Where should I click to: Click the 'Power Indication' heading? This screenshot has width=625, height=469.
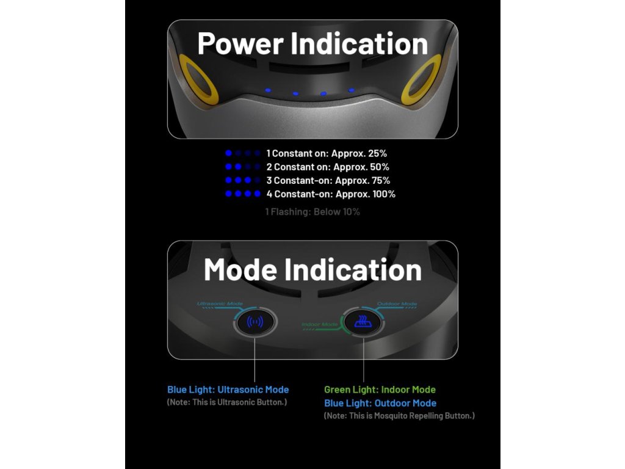pyautogui.click(x=312, y=44)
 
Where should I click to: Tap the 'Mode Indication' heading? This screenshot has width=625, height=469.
pyautogui.click(x=312, y=269)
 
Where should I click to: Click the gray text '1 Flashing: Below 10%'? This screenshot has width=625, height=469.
pyautogui.click(x=312, y=212)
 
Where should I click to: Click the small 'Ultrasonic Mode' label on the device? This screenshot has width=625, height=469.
pyautogui.click(x=220, y=304)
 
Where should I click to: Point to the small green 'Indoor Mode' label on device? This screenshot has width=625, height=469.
pyautogui.click(x=320, y=324)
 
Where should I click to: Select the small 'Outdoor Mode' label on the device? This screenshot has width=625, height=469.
pyautogui.click(x=397, y=304)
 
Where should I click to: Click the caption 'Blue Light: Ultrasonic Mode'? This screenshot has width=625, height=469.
pyautogui.click(x=228, y=390)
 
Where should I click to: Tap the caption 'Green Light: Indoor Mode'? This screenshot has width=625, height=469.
pyautogui.click(x=380, y=390)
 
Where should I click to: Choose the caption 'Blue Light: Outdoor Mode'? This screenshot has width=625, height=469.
pyautogui.click(x=380, y=403)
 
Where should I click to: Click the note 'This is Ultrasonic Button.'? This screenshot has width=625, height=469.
pyautogui.click(x=227, y=402)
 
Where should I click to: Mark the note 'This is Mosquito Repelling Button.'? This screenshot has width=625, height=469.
pyautogui.click(x=399, y=416)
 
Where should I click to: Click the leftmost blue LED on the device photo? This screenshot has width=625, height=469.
pyautogui.click(x=267, y=90)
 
